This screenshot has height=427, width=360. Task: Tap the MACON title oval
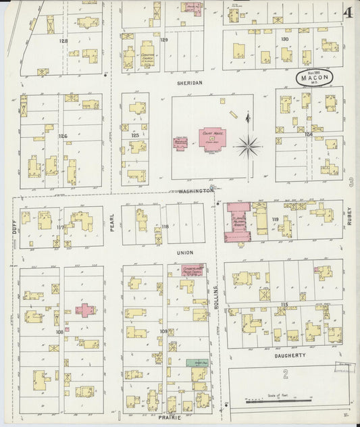(314, 78)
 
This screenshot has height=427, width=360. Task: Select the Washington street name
(196, 191)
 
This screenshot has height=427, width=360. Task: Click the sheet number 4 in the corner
(346, 12)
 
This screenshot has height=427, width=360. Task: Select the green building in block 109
(197, 363)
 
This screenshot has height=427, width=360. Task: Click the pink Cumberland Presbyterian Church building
(192, 270)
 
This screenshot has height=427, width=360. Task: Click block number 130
(284, 39)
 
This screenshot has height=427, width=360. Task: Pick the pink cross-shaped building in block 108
(85, 309)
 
